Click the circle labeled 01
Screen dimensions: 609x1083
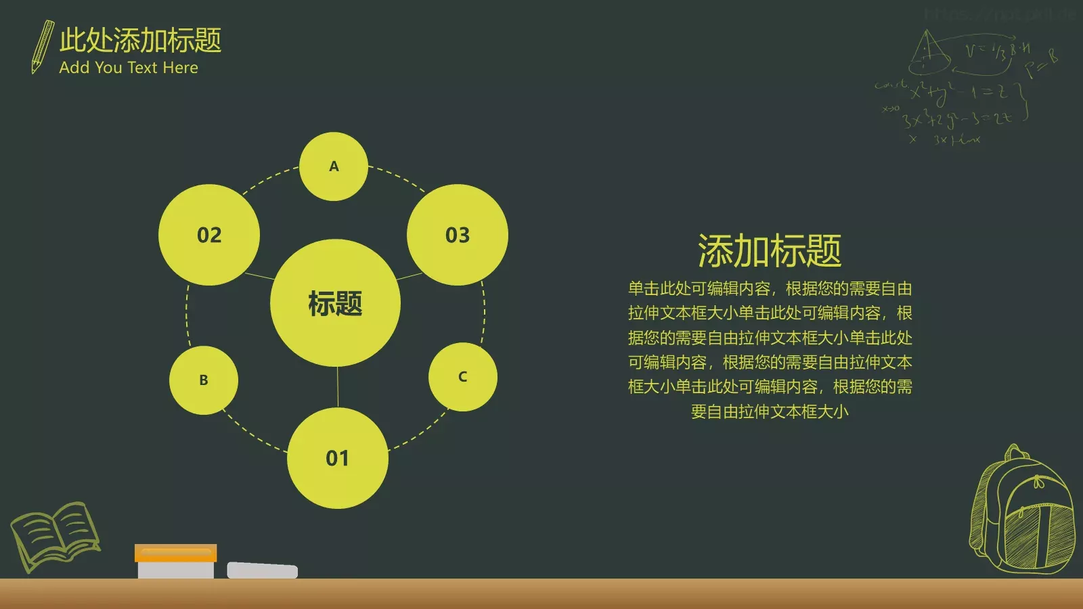coord(337,458)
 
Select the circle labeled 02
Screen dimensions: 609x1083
coord(209,235)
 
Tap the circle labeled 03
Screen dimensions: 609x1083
coord(458,235)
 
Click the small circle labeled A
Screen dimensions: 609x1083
coord(334,166)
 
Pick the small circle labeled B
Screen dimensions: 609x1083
coord(204,380)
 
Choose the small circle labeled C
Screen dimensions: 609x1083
coord(463,377)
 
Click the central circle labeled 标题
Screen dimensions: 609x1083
coord(335,303)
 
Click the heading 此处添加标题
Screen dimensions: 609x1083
coord(140,40)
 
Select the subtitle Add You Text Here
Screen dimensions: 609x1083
coord(129,68)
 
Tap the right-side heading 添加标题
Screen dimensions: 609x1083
coord(770,251)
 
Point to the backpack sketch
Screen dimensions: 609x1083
coord(1023,511)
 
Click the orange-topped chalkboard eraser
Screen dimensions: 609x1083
coord(175,561)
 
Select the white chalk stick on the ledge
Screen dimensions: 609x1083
coord(262,570)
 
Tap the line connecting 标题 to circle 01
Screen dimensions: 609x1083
coord(337,387)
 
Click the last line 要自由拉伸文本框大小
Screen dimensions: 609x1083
coord(770,411)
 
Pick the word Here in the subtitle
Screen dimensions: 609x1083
coord(181,68)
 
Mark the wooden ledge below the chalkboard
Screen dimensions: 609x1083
coord(541,594)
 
